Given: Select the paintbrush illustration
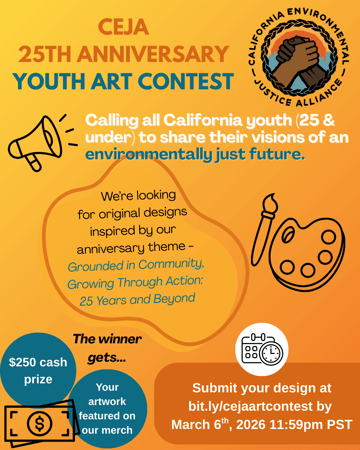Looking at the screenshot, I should pos(263,230).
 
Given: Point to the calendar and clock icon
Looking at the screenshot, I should pos(262,349).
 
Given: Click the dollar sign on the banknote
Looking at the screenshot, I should pos(39,424).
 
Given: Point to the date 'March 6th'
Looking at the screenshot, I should pos(200,425).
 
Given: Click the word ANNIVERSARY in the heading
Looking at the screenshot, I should pos(153,54).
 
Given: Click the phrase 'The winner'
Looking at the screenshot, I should pos(107,339).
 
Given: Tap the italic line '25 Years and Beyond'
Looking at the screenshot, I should pos(137,300).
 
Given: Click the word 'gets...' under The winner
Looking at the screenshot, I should pos(107,358).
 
